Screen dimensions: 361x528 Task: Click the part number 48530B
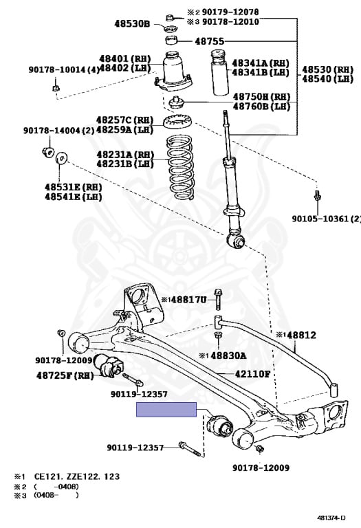[131, 24]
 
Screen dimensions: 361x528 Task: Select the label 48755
[210, 41]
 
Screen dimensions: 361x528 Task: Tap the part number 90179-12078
[230, 12]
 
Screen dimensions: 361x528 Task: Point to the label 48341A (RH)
[261, 63]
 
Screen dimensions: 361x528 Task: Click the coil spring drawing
[180, 167]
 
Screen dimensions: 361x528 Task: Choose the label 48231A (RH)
[125, 155]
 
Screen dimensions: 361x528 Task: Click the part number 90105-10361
[320, 219]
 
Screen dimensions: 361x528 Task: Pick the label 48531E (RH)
[74, 187]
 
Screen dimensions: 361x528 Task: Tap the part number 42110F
[252, 374]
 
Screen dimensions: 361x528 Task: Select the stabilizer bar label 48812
[300, 335]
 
